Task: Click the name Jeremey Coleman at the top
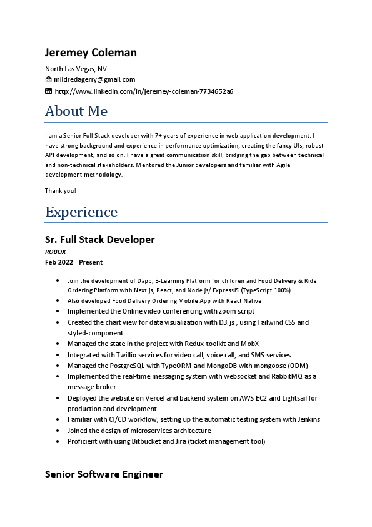point(91,53)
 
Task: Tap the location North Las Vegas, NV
point(76,69)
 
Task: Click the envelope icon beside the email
point(49,79)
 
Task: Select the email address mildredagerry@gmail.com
point(94,80)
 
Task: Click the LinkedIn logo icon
point(49,91)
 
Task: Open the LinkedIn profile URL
point(144,91)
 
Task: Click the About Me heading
point(76,111)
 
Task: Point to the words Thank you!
point(61,190)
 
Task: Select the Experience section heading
point(81,212)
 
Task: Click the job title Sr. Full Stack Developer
point(100,240)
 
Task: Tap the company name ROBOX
point(55,252)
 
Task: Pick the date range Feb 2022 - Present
point(74,262)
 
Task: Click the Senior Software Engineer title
point(104,474)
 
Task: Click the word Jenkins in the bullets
point(307,419)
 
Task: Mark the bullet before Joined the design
point(58,431)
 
